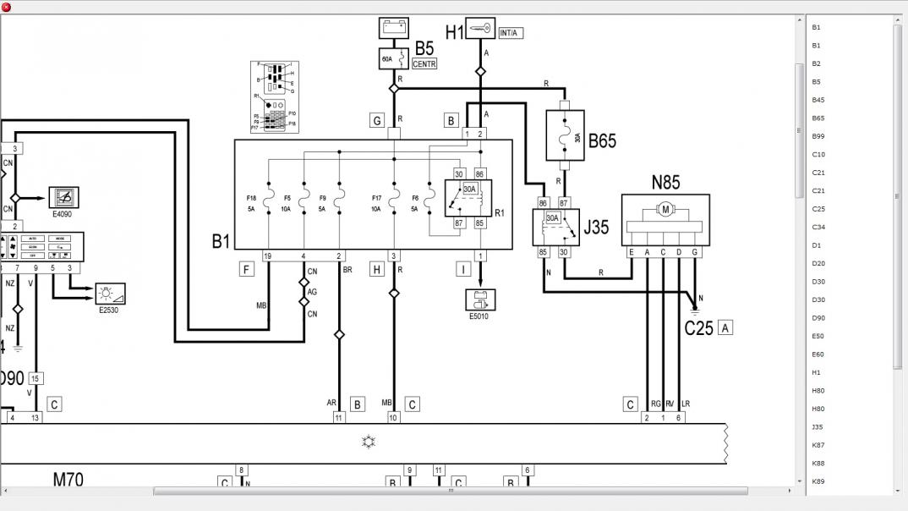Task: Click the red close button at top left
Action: tap(7, 7)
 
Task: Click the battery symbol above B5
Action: tap(393, 28)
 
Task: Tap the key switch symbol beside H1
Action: tap(481, 30)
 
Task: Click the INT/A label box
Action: tap(510, 33)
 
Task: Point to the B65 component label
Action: tap(602, 140)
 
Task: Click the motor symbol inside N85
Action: tap(665, 209)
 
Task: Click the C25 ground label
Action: tap(698, 328)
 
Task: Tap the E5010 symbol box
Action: tap(480, 299)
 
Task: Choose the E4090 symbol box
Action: tap(63, 197)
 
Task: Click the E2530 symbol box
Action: tap(110, 294)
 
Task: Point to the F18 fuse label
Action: tap(251, 199)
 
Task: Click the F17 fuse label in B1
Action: tap(376, 199)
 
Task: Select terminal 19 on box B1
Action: tap(267, 255)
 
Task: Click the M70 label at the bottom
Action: tap(68, 480)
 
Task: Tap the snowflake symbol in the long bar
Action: tap(369, 441)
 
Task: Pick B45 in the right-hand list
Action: tap(818, 100)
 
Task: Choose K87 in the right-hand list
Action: tap(818, 445)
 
